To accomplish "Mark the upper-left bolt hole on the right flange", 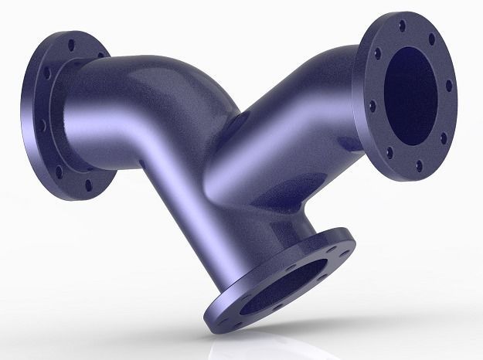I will coord(378,54).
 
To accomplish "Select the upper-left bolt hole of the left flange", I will coord(47,74).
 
